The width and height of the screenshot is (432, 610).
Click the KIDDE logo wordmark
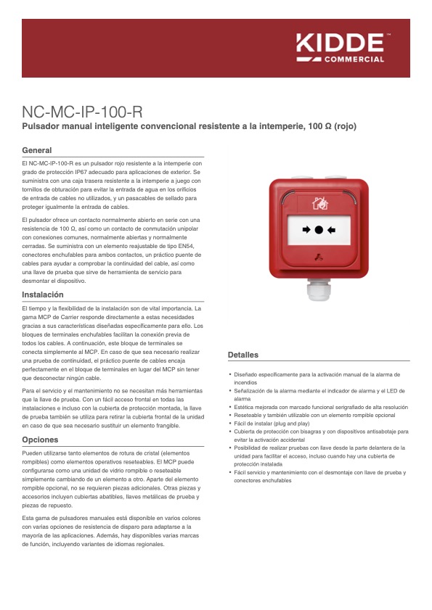pos(340,43)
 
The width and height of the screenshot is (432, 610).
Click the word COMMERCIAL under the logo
pos(353,59)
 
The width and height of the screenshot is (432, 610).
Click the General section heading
pos(37,150)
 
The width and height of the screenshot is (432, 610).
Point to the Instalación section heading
pos(43,295)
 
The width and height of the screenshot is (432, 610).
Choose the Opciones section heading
pos(40,440)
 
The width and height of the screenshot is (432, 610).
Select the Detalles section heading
pos(243,355)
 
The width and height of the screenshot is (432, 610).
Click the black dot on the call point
pos(318,230)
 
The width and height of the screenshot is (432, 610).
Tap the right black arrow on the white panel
pos(332,230)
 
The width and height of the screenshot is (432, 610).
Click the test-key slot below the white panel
pos(318,257)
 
